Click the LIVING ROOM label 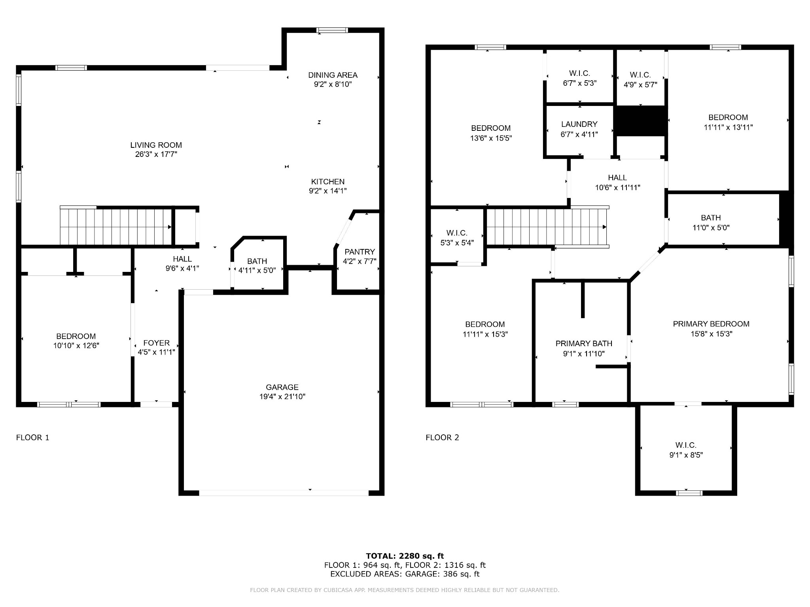pyautogui.click(x=156, y=145)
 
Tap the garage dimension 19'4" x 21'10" pyautogui.click(x=282, y=396)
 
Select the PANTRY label pyautogui.click(x=360, y=252)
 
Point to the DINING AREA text pyautogui.click(x=333, y=75)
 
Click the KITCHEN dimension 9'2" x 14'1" pyautogui.click(x=327, y=191)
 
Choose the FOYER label pyautogui.click(x=156, y=343)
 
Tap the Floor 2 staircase pyautogui.click(x=546, y=227)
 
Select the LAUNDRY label pyautogui.click(x=579, y=124)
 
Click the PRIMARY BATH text pyautogui.click(x=584, y=343)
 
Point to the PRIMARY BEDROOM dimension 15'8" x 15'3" pyautogui.click(x=711, y=334)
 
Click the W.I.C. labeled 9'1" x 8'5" pyautogui.click(x=686, y=450)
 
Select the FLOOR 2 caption pyautogui.click(x=442, y=437)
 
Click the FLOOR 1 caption pyautogui.click(x=32, y=437)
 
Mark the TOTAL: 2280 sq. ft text pyautogui.click(x=405, y=556)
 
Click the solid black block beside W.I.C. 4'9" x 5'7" pyautogui.click(x=640, y=121)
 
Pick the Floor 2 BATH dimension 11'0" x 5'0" pyautogui.click(x=711, y=228)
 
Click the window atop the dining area pyautogui.click(x=332, y=30)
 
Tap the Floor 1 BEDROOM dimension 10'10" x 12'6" pyautogui.click(x=76, y=345)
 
